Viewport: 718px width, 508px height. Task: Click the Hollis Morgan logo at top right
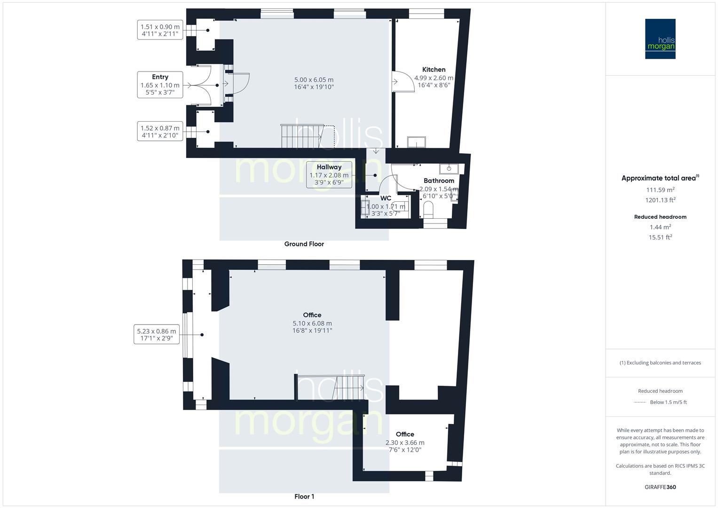click(x=660, y=39)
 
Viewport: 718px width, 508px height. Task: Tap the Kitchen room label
click(x=434, y=70)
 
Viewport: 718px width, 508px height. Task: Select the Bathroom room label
click(x=439, y=181)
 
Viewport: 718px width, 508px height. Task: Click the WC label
click(x=386, y=198)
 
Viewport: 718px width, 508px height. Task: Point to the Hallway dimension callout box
click(x=329, y=175)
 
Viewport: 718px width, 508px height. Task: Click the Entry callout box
click(x=160, y=85)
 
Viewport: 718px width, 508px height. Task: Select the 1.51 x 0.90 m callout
click(x=160, y=30)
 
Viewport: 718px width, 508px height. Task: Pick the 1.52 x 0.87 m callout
click(x=160, y=131)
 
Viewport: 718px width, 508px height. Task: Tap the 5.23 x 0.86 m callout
click(x=157, y=334)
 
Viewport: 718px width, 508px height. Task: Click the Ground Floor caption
click(x=304, y=244)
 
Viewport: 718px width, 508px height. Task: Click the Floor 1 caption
click(x=304, y=497)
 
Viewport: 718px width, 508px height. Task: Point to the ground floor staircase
click(x=301, y=136)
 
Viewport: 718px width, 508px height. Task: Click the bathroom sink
click(x=449, y=168)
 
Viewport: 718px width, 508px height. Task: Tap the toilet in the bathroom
click(x=428, y=210)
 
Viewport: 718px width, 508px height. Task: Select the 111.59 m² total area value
click(x=660, y=190)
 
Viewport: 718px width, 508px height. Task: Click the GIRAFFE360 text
click(x=660, y=487)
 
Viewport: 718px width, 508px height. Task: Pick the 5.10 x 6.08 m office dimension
click(x=312, y=324)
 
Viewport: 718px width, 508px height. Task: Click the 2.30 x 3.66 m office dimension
click(x=405, y=443)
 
